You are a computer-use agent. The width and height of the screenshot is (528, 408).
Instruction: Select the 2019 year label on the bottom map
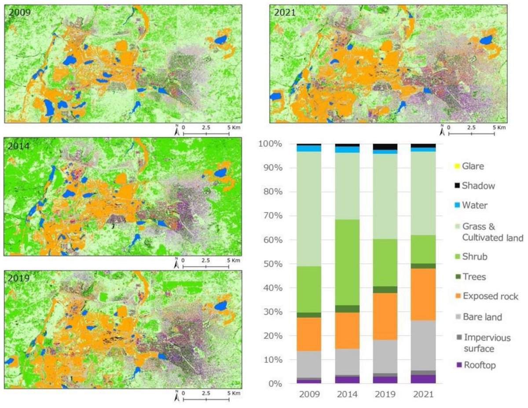18,278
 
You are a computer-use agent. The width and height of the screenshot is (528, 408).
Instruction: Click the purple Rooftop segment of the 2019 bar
385,380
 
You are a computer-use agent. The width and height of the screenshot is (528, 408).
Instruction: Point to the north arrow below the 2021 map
442,129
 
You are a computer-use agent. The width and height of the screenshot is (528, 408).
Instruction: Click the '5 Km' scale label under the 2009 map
233,127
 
